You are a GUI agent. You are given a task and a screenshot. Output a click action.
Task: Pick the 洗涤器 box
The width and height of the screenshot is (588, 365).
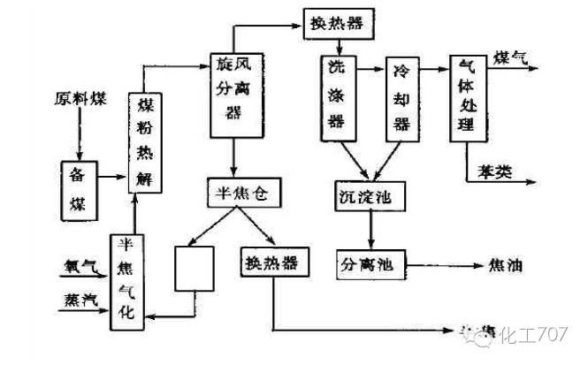(337, 98)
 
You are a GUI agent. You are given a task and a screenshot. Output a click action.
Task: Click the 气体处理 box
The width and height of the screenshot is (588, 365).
(466, 96)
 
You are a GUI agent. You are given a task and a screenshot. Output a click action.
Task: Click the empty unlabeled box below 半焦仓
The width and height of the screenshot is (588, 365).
(195, 268)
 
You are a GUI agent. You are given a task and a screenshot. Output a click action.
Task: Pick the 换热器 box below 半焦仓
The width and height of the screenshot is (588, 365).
(271, 264)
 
